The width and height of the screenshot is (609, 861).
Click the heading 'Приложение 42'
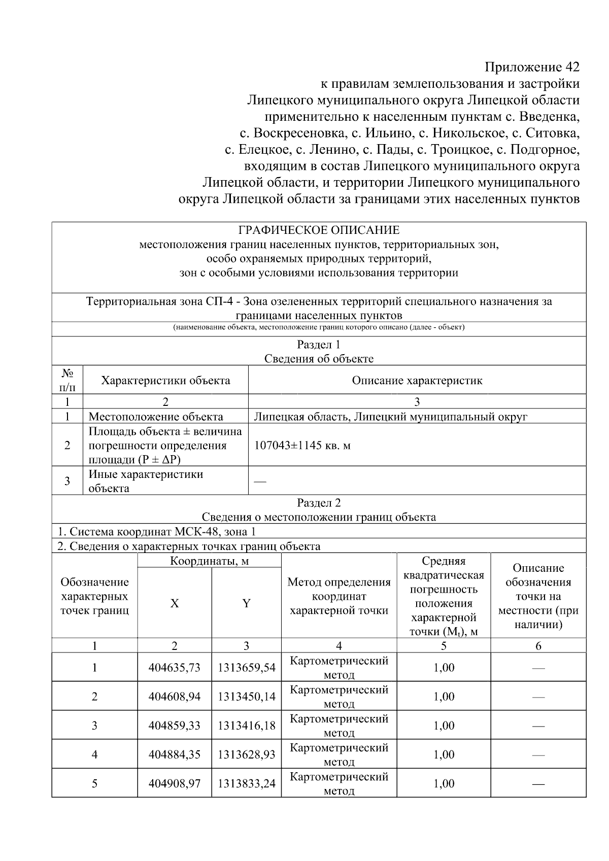click(531, 67)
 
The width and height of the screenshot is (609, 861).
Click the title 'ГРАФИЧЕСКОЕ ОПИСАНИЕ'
click(319, 230)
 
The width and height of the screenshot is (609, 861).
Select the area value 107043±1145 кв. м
click(302, 445)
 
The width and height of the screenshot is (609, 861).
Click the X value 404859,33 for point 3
click(174, 726)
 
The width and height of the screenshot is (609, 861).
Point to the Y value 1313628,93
click(246, 754)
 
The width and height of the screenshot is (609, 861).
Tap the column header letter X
click(174, 603)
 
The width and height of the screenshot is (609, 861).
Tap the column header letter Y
click(246, 603)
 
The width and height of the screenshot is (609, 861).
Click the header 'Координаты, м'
click(209, 561)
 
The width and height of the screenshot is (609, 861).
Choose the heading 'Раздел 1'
click(319, 345)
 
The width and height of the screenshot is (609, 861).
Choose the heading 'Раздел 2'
click(319, 503)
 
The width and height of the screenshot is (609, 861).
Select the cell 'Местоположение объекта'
click(156, 417)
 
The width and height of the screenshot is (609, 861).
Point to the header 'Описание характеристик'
click(417, 381)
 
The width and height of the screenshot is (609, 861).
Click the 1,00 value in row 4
click(444, 754)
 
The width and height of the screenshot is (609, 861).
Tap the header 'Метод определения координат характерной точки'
click(339, 596)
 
